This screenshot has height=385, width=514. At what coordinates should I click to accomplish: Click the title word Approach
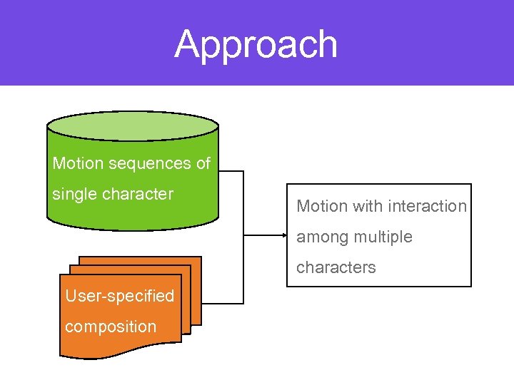[256, 44]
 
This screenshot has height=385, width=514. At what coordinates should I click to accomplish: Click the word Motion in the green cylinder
[78, 163]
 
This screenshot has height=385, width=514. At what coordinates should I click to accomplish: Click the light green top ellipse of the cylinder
[132, 125]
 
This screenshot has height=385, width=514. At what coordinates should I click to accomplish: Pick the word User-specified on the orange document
[119, 296]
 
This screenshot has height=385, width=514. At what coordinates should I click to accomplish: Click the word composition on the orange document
[111, 327]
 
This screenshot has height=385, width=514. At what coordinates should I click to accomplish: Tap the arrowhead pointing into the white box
[282, 235]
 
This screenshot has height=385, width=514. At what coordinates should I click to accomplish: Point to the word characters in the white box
[336, 267]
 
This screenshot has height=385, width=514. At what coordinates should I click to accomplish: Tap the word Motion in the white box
[322, 206]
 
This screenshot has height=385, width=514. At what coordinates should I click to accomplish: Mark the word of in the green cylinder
[203, 163]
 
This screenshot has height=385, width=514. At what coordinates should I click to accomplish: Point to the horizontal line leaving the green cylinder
[231, 171]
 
